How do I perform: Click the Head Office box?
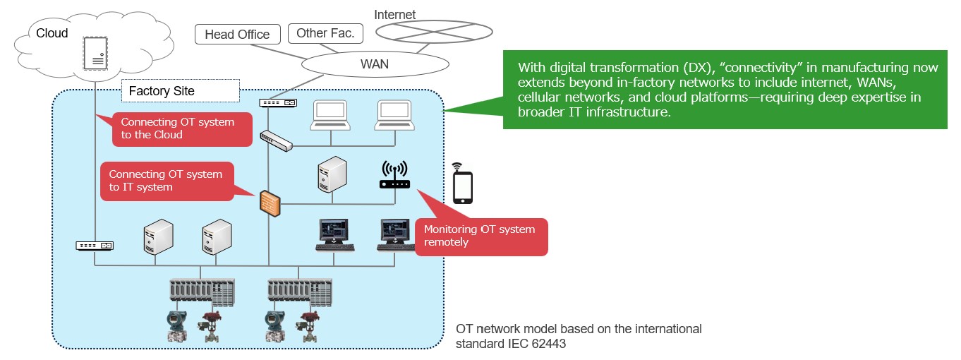[237, 35]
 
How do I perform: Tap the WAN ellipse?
[375, 64]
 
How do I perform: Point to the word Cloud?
[52, 33]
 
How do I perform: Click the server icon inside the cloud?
[95, 52]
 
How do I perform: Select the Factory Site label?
[162, 91]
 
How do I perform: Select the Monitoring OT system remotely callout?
[480, 236]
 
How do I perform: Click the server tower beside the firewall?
[332, 174]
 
